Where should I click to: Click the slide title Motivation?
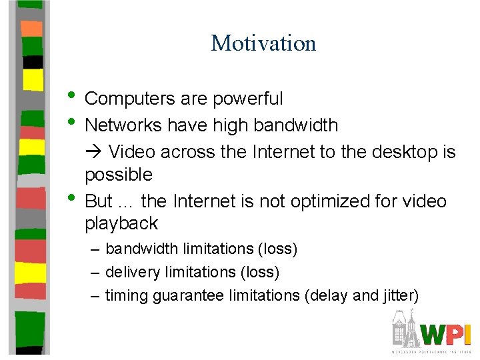click(263, 43)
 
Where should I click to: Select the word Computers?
click(130, 99)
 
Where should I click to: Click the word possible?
click(119, 175)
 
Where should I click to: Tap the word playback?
click(121, 223)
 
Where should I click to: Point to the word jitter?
click(398, 295)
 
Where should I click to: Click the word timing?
click(127, 295)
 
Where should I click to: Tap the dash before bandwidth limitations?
click(96, 249)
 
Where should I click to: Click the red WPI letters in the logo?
click(447, 334)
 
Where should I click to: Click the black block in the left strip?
click(32, 62)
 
